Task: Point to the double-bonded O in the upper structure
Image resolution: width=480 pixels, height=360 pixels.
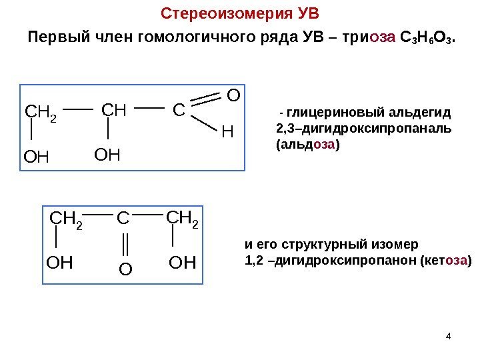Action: (233, 97)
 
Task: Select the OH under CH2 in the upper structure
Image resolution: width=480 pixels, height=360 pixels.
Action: (37, 158)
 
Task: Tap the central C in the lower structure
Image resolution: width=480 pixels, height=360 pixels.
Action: (123, 218)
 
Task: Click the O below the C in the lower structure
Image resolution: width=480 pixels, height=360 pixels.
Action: (125, 269)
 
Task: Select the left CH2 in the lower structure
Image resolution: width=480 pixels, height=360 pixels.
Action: (67, 219)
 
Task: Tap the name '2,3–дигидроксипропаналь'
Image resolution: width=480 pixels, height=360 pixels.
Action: (363, 127)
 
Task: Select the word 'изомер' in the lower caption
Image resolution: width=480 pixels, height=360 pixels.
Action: (396, 244)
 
